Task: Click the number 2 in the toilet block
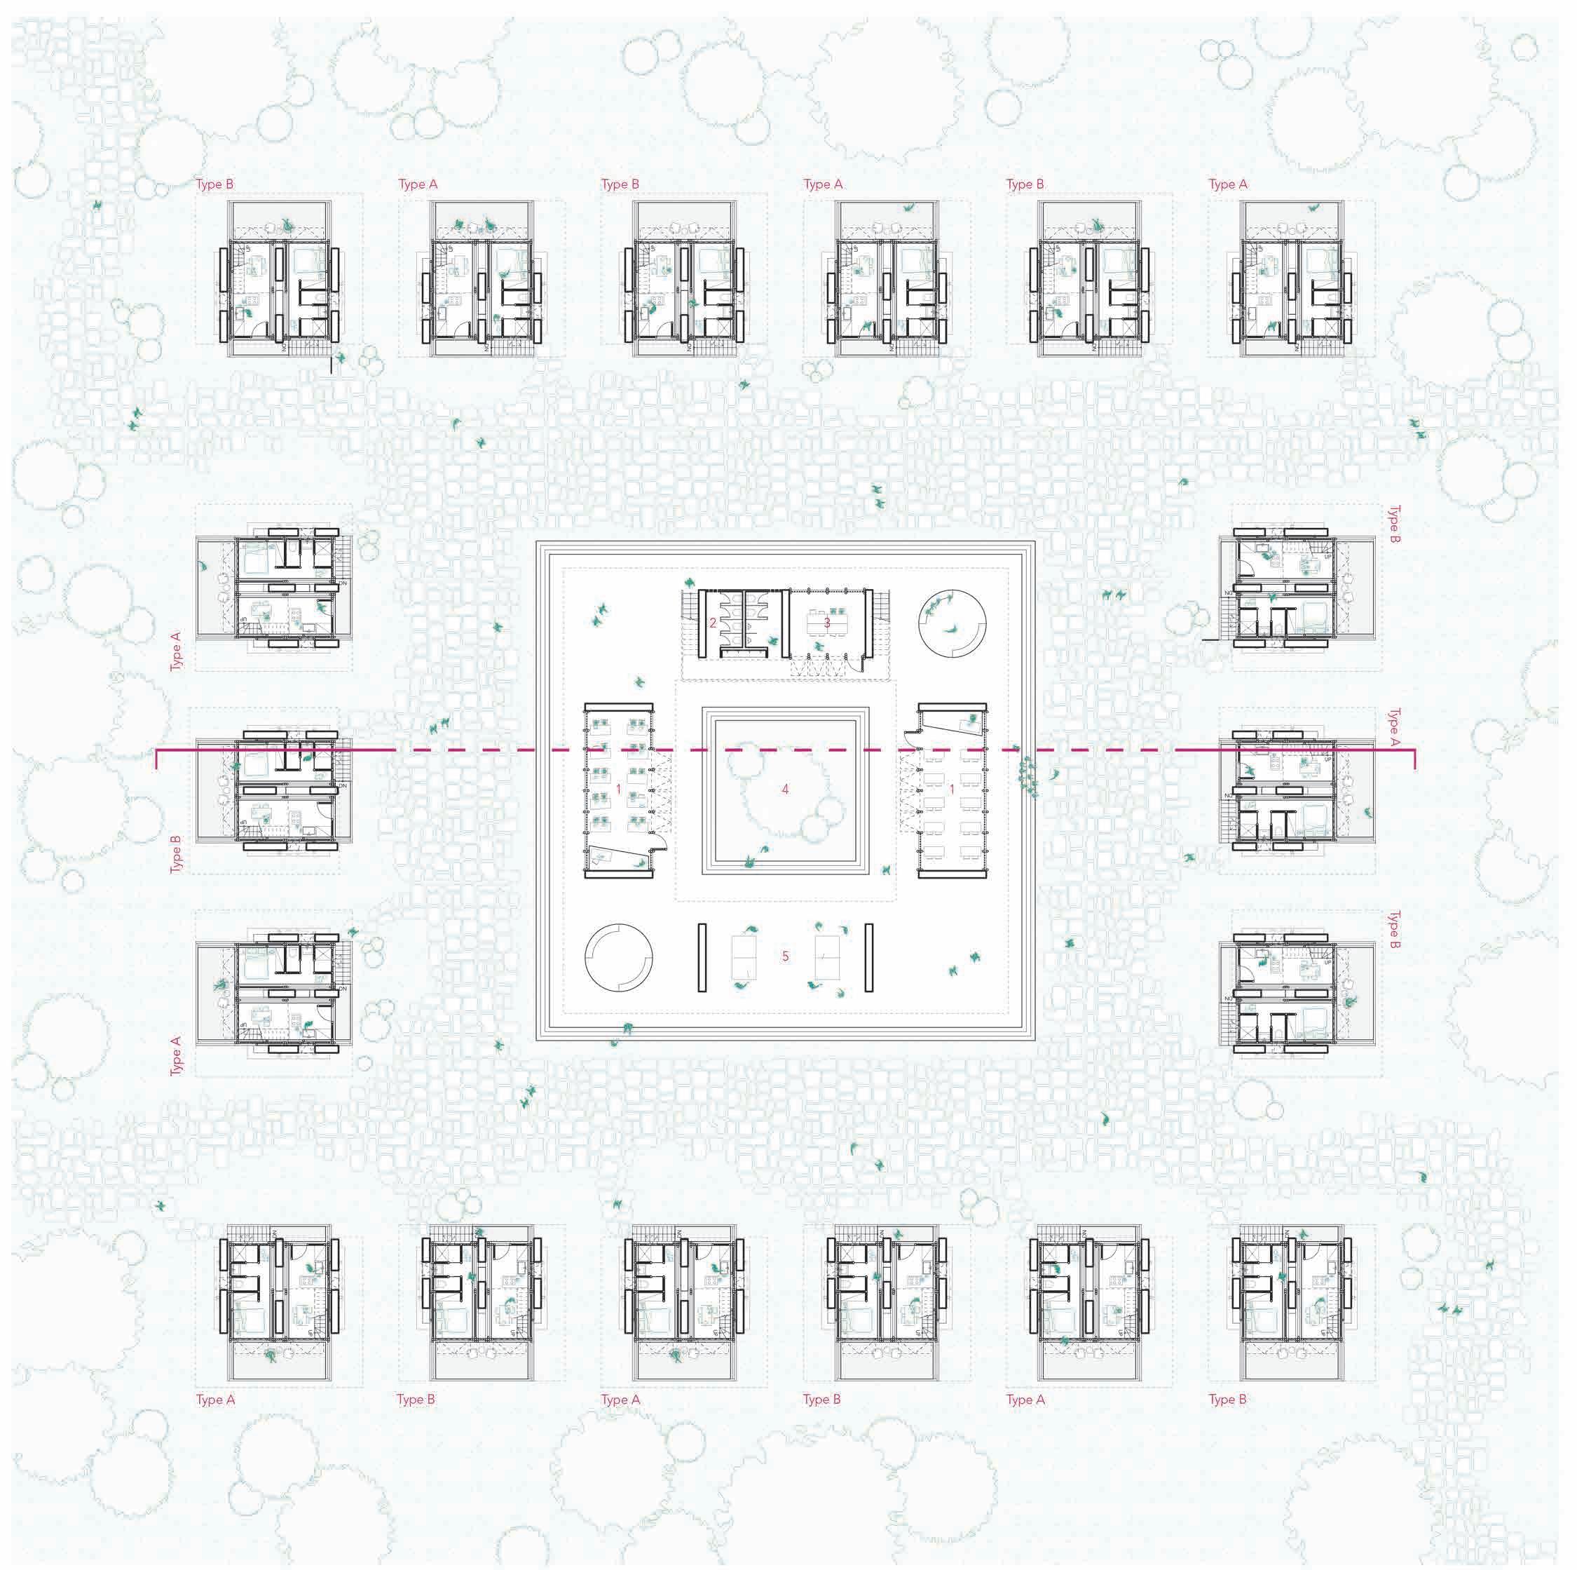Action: [x=713, y=623]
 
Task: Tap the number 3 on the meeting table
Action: [x=827, y=623]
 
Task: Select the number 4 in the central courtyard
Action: [x=785, y=790]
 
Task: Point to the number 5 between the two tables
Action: [x=785, y=956]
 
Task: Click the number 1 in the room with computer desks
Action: [x=619, y=790]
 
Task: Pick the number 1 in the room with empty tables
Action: [x=952, y=790]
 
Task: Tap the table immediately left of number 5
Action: [x=745, y=956]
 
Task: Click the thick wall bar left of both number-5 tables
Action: [x=701, y=957]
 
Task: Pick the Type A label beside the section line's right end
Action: [x=1394, y=726]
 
